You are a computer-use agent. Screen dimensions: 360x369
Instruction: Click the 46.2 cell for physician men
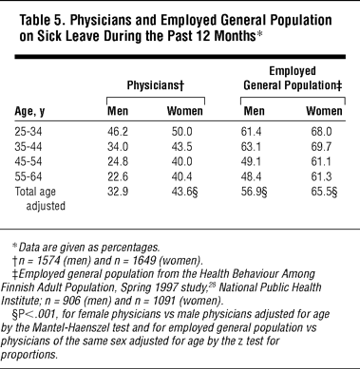pyautogui.click(x=118, y=132)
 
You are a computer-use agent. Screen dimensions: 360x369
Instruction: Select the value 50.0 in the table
pyautogui.click(x=181, y=132)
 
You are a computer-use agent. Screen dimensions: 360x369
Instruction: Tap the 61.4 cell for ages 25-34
pyautogui.click(x=251, y=132)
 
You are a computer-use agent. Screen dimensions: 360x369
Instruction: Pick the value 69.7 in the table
pyautogui.click(x=321, y=147)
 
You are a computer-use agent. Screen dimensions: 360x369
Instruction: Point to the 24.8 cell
pyautogui.click(x=118, y=161)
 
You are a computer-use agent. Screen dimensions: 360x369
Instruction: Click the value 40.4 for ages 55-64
pyautogui.click(x=181, y=176)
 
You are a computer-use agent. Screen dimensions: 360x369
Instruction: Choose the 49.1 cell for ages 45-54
pyautogui.click(x=251, y=161)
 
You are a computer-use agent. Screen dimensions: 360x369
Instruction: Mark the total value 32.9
pyautogui.click(x=118, y=192)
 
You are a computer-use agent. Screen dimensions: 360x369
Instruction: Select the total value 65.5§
pyautogui.click(x=324, y=192)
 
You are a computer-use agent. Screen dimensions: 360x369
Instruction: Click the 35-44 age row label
pyautogui.click(x=28, y=147)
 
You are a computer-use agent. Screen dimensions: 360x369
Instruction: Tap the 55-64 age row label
pyautogui.click(x=28, y=176)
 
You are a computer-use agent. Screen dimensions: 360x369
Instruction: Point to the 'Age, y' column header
pyautogui.click(x=29, y=112)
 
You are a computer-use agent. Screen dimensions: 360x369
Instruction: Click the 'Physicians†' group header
pyautogui.click(x=156, y=85)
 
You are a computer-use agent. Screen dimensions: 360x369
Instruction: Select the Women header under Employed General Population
pyautogui.click(x=324, y=111)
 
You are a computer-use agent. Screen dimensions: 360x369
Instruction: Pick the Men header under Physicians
pyautogui.click(x=118, y=111)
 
